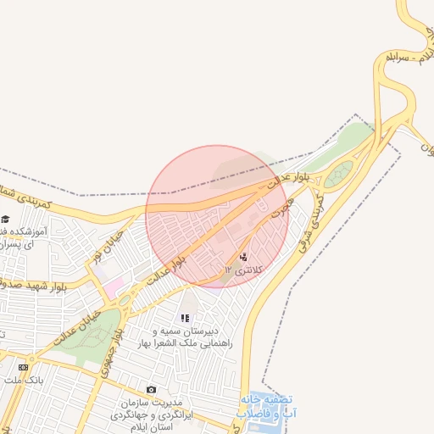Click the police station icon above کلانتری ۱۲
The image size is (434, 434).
(244, 257)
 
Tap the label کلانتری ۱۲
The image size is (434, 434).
(243, 270)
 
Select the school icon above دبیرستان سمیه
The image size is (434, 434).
(185, 318)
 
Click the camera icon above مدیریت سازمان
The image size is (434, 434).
(151, 390)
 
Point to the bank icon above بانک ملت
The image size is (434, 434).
(23, 367)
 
